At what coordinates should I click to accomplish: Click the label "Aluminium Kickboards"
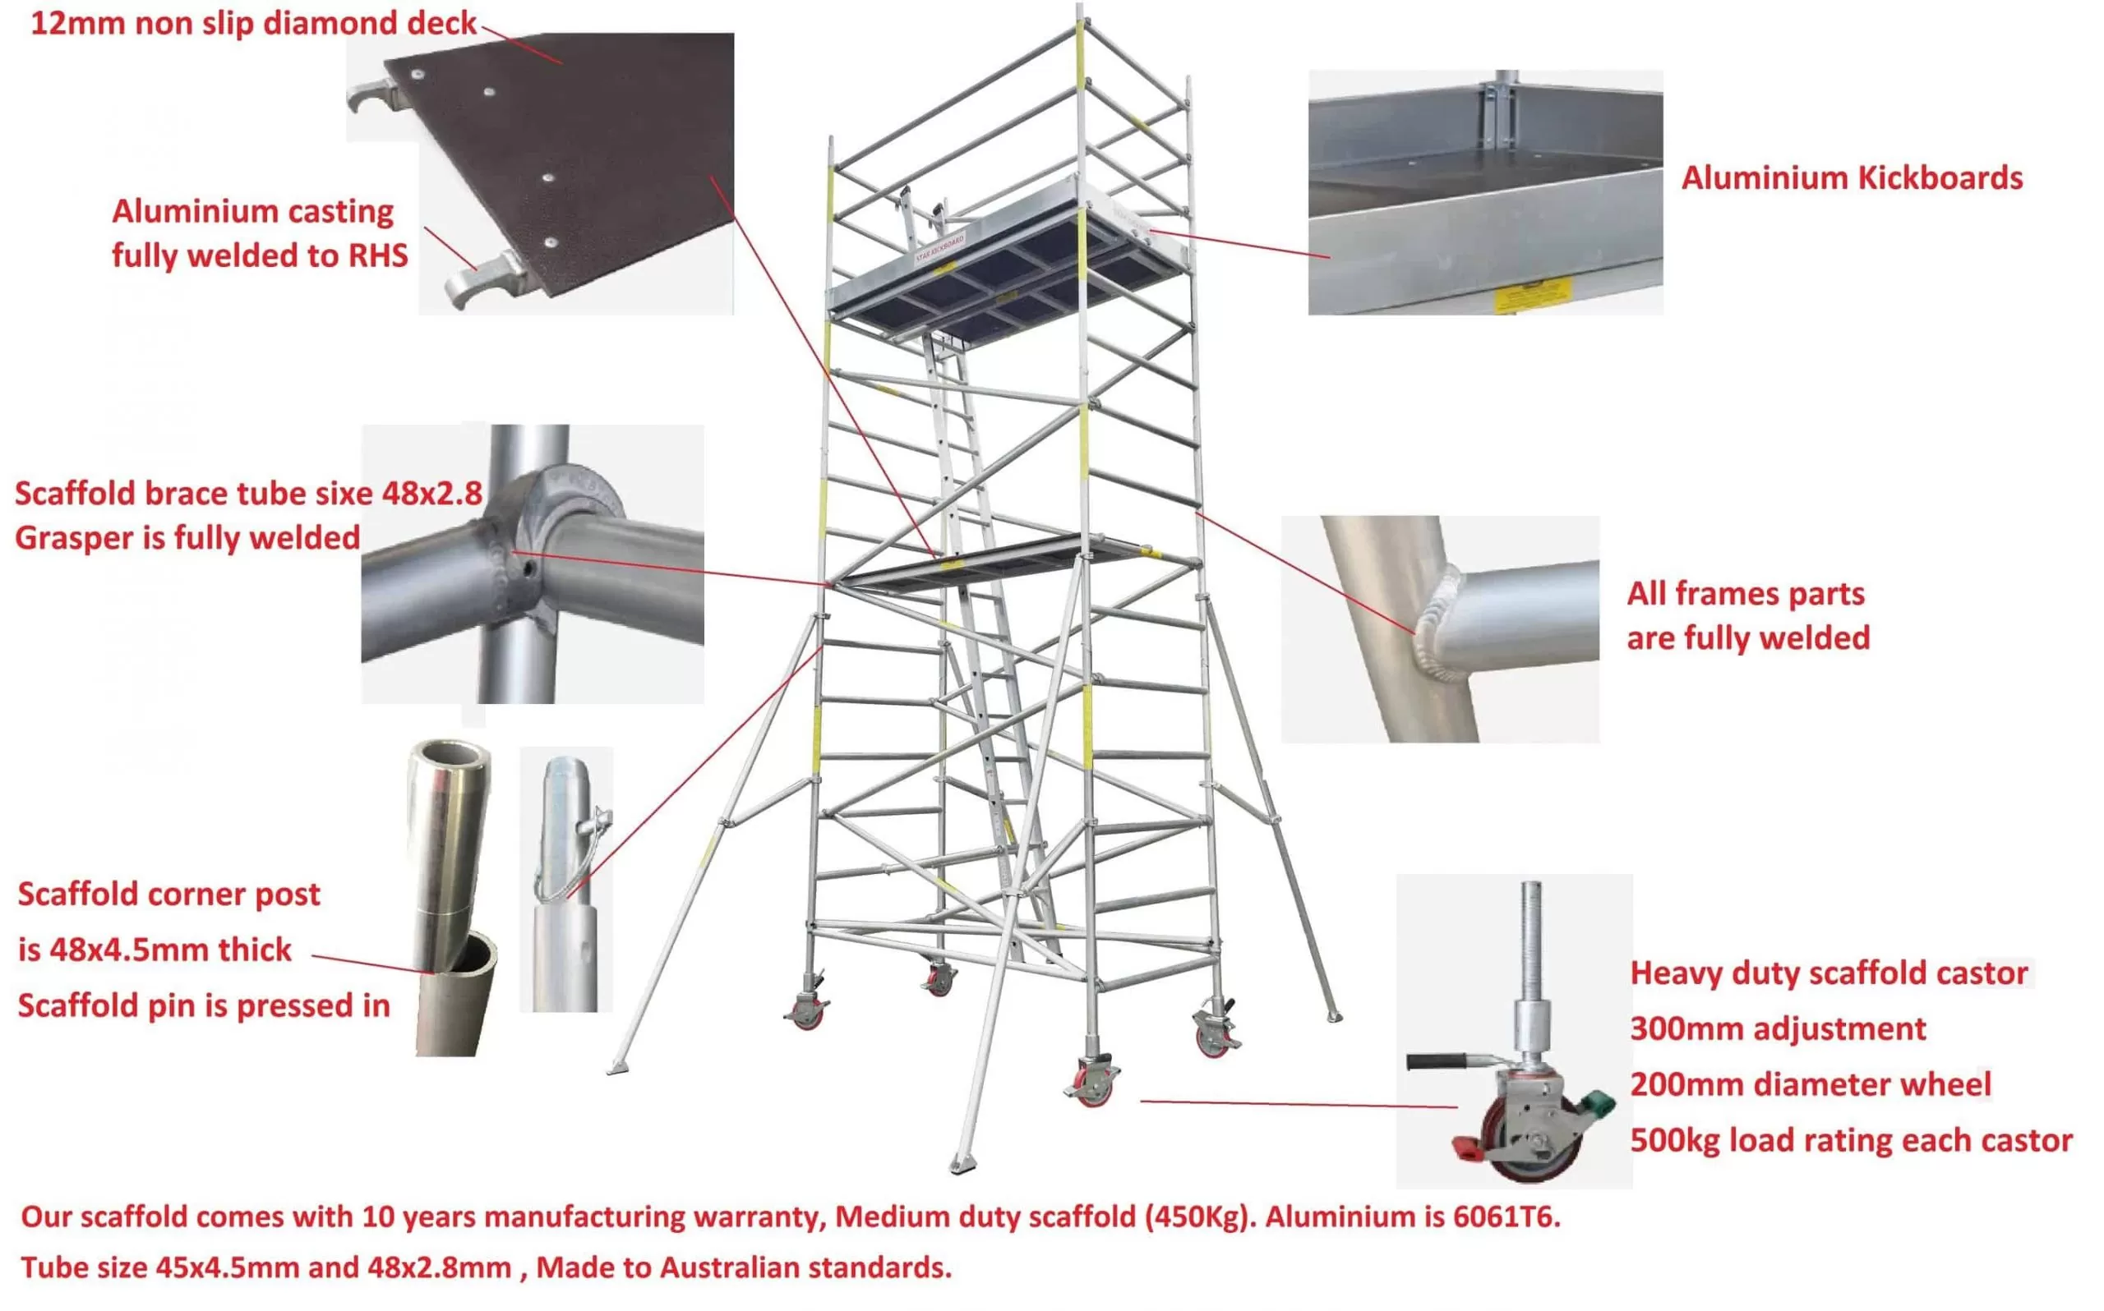tap(1852, 177)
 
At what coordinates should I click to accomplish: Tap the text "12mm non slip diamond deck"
tap(254, 23)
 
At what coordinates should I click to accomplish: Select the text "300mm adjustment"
tap(1778, 1028)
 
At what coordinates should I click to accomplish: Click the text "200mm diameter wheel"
tap(1811, 1083)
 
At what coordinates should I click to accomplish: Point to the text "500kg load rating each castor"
tap(1852, 1140)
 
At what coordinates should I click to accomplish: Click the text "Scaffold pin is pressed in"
tap(204, 1005)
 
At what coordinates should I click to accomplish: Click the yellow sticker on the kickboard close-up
tap(1533, 294)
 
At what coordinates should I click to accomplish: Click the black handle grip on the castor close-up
tap(1436, 1061)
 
